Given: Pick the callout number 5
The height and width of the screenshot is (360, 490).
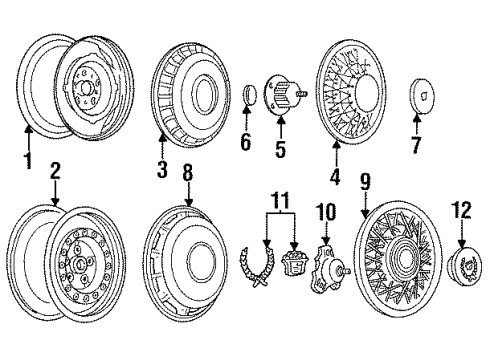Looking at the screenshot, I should click(x=280, y=151).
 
